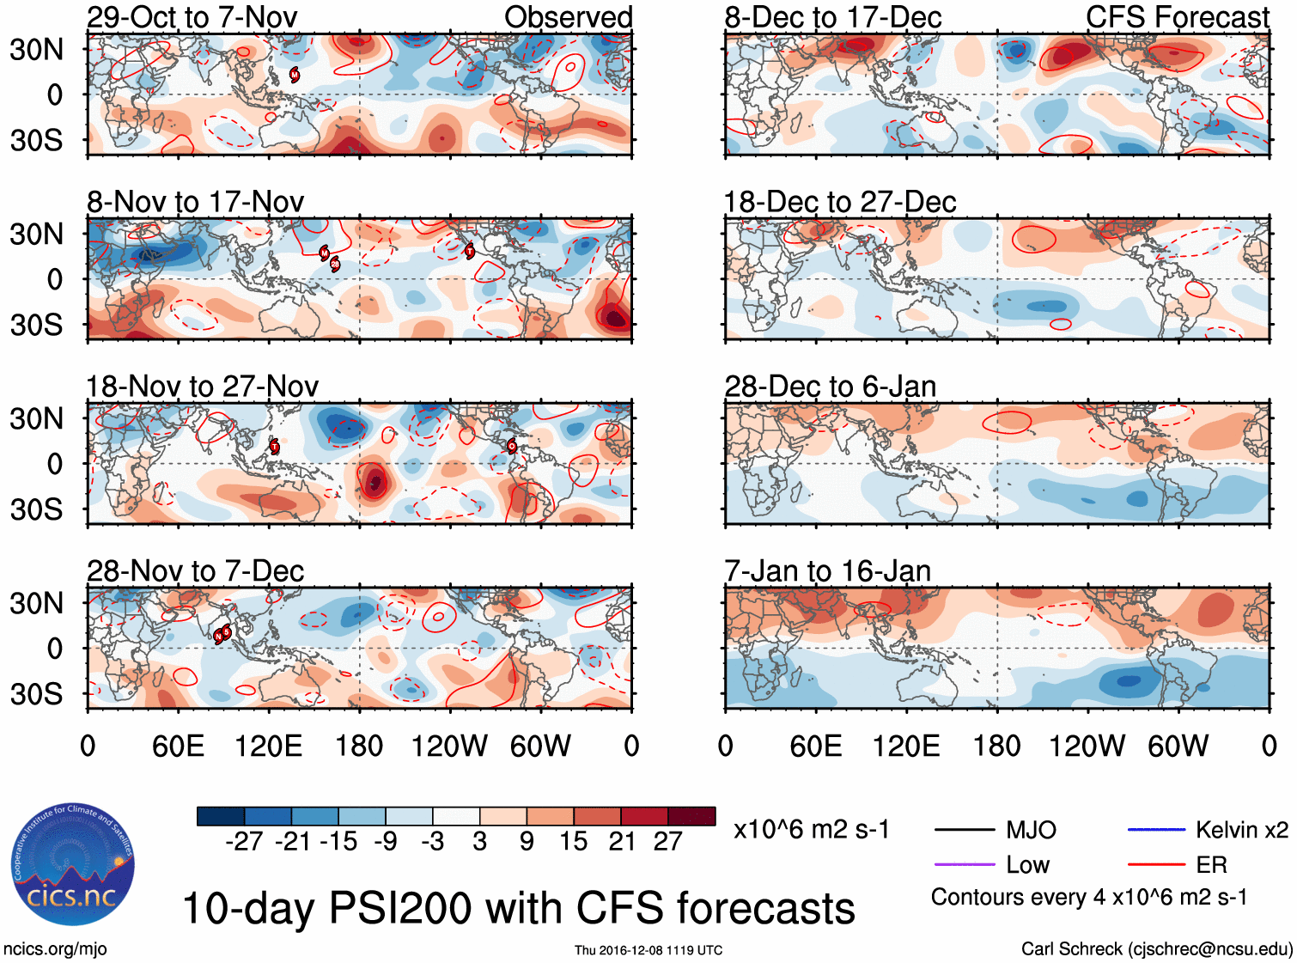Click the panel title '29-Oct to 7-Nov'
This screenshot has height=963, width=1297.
(x=192, y=17)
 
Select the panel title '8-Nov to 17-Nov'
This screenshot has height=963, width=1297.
(x=195, y=202)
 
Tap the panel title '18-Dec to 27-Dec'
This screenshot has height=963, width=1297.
(x=839, y=202)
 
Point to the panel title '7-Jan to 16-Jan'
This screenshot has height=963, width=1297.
(x=827, y=571)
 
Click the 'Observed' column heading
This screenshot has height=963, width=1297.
(x=568, y=17)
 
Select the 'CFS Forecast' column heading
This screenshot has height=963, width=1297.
(x=1177, y=17)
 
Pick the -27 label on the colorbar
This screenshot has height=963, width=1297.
(x=244, y=841)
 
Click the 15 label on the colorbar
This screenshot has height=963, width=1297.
(x=573, y=841)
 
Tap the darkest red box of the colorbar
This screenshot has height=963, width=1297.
(x=691, y=816)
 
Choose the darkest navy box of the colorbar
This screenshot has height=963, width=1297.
(x=221, y=816)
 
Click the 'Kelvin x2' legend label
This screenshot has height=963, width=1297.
(x=1241, y=830)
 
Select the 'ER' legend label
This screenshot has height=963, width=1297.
(x=1211, y=865)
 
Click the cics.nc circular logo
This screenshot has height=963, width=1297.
(x=73, y=865)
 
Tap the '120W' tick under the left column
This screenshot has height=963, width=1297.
(x=448, y=746)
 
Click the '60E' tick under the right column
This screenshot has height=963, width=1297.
(x=815, y=746)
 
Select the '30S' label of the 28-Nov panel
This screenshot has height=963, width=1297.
(x=36, y=693)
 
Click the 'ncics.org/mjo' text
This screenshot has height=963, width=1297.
(x=55, y=949)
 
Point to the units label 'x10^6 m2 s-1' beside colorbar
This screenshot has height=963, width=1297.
(x=811, y=830)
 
